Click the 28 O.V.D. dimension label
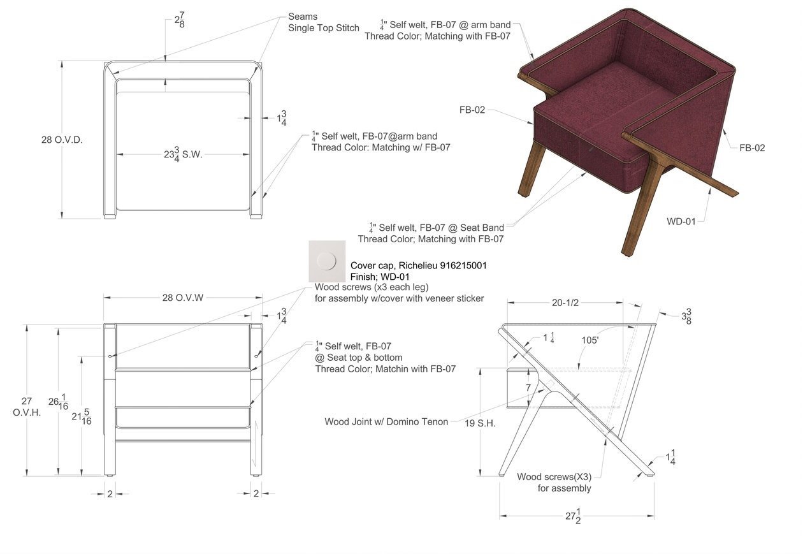62,140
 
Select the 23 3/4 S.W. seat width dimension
183,154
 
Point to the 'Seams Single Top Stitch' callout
323,22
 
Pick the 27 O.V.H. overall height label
26,407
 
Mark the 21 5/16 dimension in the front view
81,416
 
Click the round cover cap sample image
327,261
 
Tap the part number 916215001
463,265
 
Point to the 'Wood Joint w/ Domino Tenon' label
386,421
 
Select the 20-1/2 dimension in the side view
565,303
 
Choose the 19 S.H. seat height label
480,423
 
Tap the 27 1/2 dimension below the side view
574,516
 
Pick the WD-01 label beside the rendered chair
681,221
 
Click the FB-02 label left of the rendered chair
472,110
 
